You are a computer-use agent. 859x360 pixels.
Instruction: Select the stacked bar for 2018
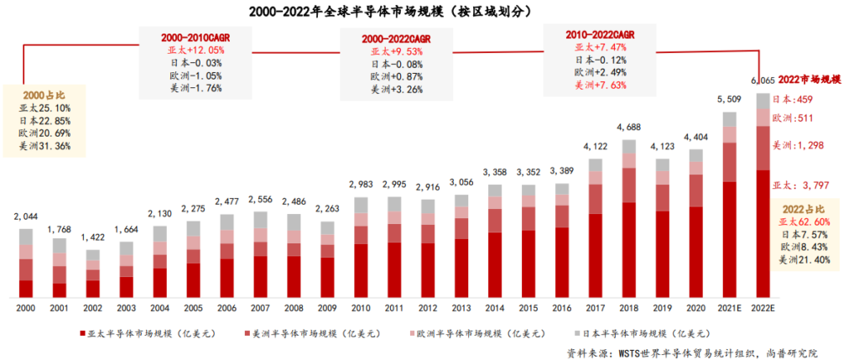point(628,227)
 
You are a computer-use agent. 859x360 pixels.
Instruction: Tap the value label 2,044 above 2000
point(26,217)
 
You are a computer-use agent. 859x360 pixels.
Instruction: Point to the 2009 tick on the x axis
point(327,308)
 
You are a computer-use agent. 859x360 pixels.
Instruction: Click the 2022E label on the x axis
point(763,308)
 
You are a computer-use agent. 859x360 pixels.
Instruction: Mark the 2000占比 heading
point(41,95)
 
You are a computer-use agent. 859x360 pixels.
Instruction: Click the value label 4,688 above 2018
point(628,128)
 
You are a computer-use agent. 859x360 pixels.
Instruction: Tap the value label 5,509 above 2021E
point(729,99)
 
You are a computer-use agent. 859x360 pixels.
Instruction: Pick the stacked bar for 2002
point(92,274)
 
